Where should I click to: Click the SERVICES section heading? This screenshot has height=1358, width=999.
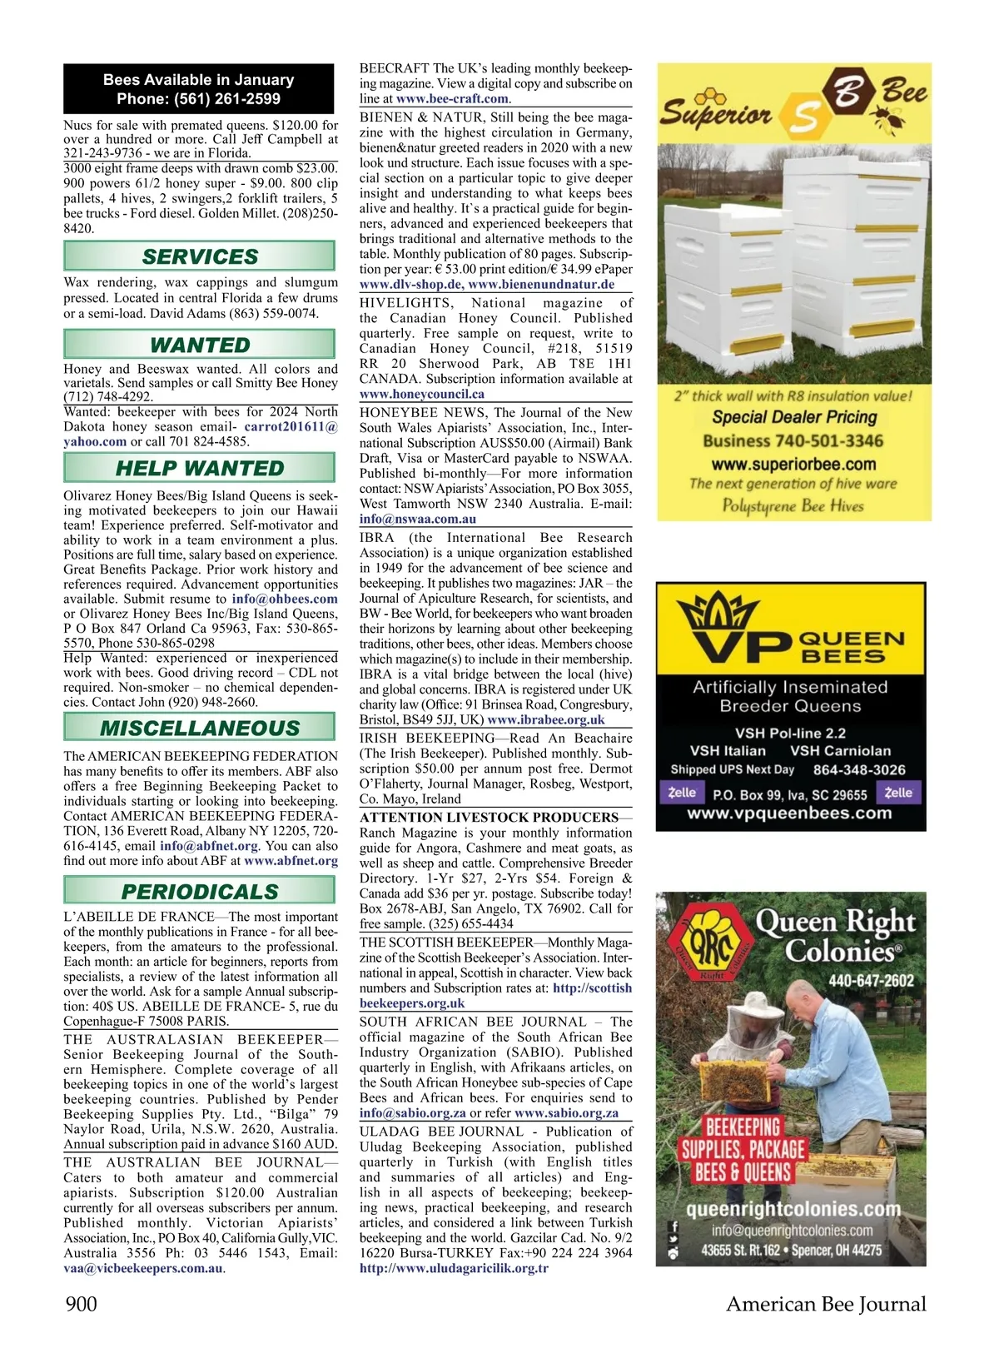coord(200,256)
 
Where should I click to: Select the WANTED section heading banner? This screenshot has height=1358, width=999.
coord(200,345)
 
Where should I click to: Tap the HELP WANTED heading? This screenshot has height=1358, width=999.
coord(200,468)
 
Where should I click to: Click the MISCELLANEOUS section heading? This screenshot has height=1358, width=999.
coord(200,729)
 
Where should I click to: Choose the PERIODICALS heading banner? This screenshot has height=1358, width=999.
coord(200,892)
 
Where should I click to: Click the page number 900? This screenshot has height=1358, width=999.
coord(81,1303)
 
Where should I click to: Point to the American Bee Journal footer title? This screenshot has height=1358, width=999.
coord(826,1303)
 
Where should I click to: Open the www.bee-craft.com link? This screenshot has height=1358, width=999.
coord(452,98)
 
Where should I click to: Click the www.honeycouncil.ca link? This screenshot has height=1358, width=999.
coord(422,394)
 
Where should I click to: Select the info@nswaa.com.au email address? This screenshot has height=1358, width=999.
coord(418,518)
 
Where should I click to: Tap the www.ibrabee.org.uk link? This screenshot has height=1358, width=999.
coord(546,719)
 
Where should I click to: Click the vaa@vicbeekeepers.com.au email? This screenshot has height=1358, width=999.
coord(143,1268)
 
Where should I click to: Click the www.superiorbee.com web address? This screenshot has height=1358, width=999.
coord(793,464)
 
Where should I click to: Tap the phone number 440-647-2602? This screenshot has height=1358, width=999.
coord(871,981)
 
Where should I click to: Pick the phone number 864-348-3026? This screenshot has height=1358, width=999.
coord(859,770)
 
